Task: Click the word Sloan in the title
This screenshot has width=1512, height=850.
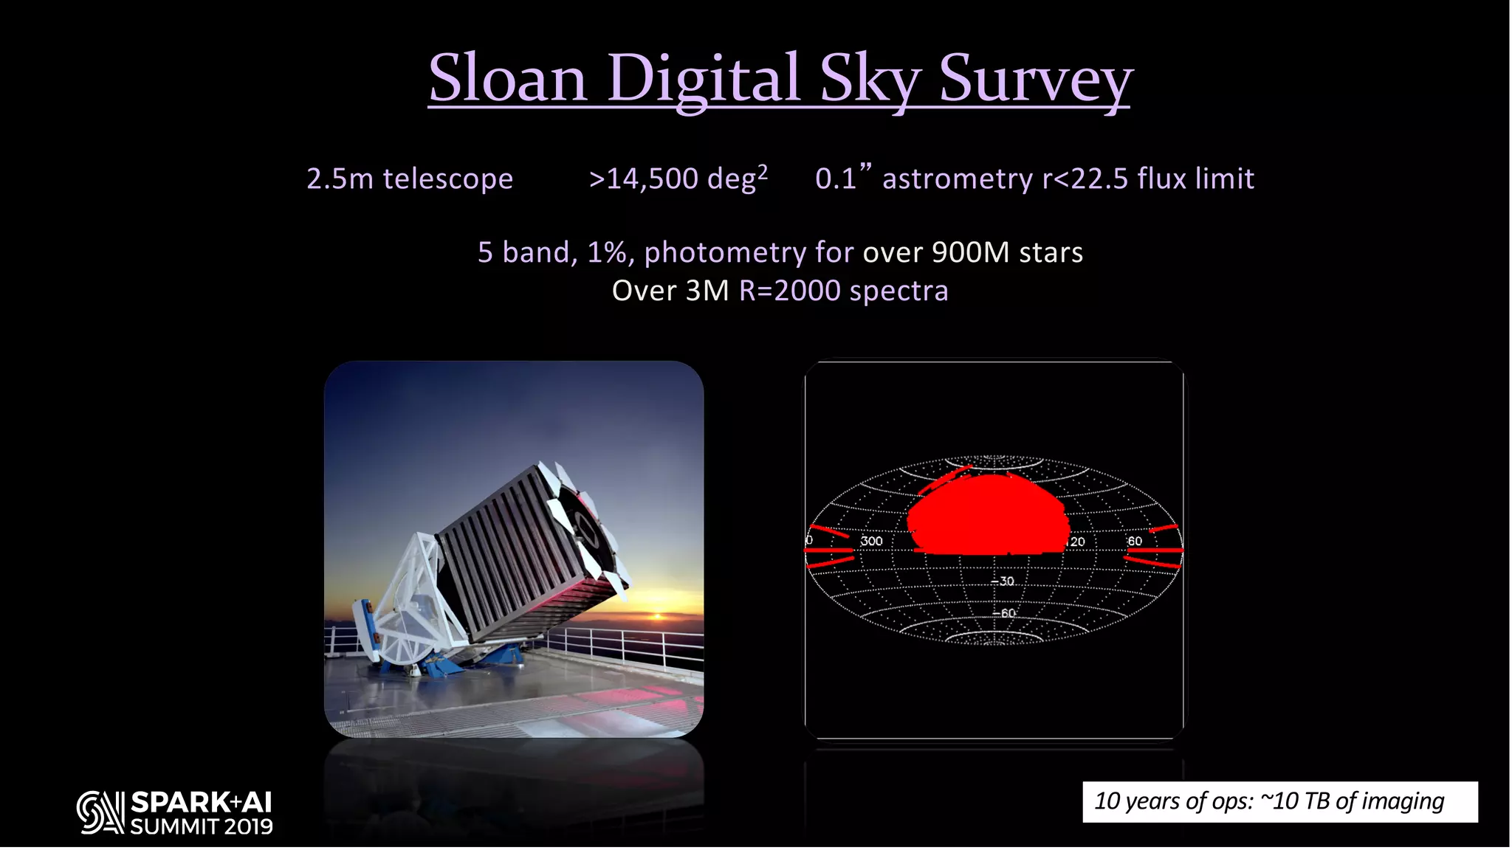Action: click(507, 78)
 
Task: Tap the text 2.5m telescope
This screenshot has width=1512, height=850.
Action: click(410, 179)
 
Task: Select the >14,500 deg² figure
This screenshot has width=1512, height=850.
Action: click(678, 179)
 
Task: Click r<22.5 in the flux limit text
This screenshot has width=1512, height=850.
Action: click(1085, 179)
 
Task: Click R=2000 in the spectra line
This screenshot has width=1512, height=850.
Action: click(789, 291)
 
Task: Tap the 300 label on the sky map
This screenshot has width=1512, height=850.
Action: click(871, 542)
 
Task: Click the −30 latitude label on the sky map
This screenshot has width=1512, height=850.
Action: click(1003, 581)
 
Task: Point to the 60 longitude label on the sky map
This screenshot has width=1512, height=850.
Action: click(1135, 542)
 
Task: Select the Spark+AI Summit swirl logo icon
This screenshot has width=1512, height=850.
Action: click(100, 813)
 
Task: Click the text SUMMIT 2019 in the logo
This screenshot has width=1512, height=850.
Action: click(202, 827)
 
